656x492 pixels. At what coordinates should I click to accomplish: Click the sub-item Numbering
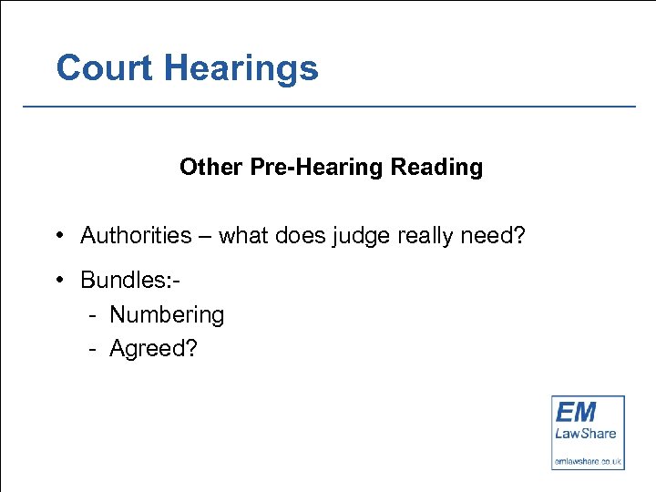[x=167, y=315]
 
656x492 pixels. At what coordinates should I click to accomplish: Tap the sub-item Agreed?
[x=153, y=349]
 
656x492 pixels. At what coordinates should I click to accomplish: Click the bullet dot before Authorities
[x=57, y=235]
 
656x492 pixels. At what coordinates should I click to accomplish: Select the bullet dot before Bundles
[x=57, y=279]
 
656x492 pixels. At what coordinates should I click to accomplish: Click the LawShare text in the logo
[x=585, y=434]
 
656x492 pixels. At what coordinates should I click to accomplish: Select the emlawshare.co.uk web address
[x=588, y=461]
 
